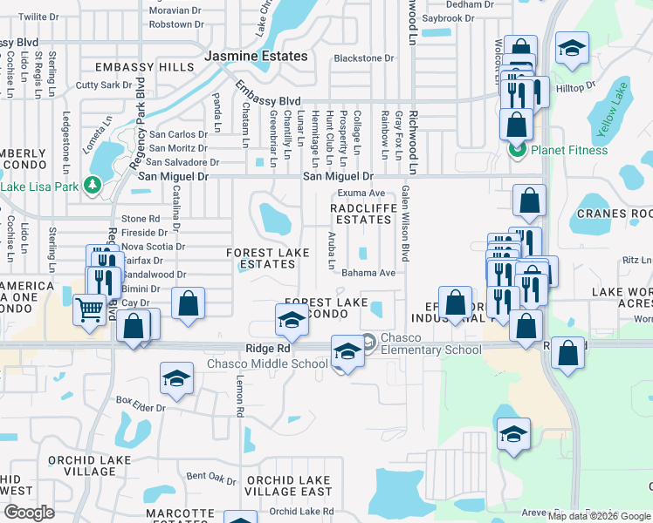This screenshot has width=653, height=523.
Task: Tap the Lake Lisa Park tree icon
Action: tap(90, 185)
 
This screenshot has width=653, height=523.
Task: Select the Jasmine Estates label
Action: tap(256, 56)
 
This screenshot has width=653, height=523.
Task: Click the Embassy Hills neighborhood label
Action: tap(145, 67)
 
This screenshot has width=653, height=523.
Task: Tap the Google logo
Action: tap(29, 512)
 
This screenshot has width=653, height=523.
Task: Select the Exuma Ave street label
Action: tap(361, 194)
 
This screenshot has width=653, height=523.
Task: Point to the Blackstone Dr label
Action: tap(364, 58)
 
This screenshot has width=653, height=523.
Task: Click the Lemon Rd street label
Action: tap(238, 396)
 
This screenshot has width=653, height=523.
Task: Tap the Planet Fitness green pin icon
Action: tap(516, 150)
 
